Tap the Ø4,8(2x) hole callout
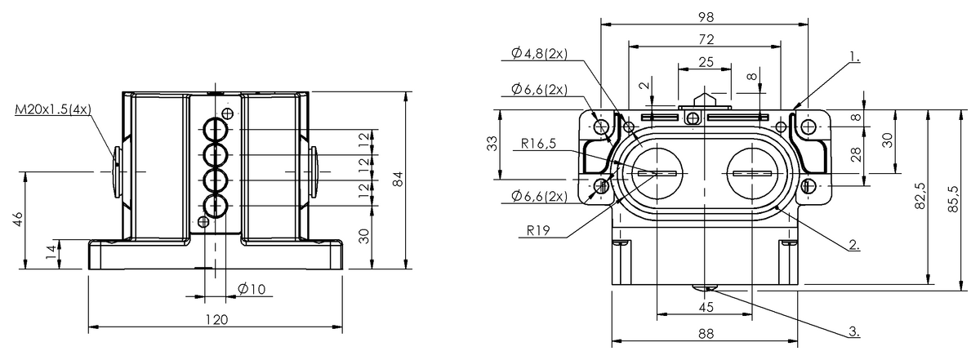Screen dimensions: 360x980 coord(540,54)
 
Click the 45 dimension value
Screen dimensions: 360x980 coord(706,306)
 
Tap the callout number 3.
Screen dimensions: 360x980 coord(853,331)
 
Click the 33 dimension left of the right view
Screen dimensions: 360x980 coord(492,144)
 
